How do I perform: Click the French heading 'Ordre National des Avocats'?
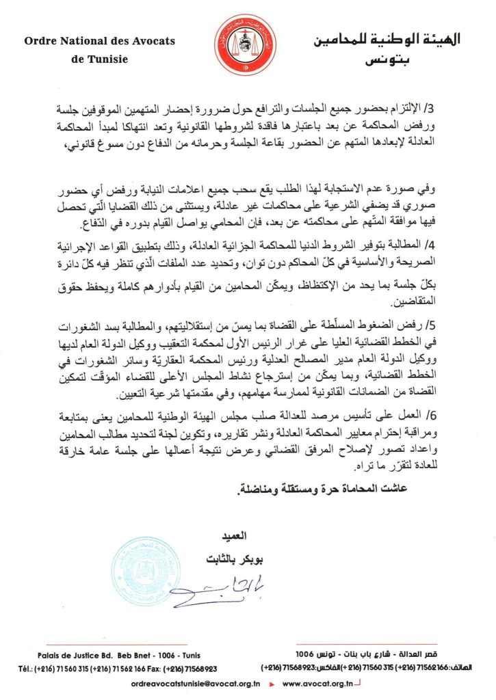click(x=99, y=42)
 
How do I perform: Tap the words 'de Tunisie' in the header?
click(x=99, y=59)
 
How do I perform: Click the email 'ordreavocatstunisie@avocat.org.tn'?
click(x=195, y=683)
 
